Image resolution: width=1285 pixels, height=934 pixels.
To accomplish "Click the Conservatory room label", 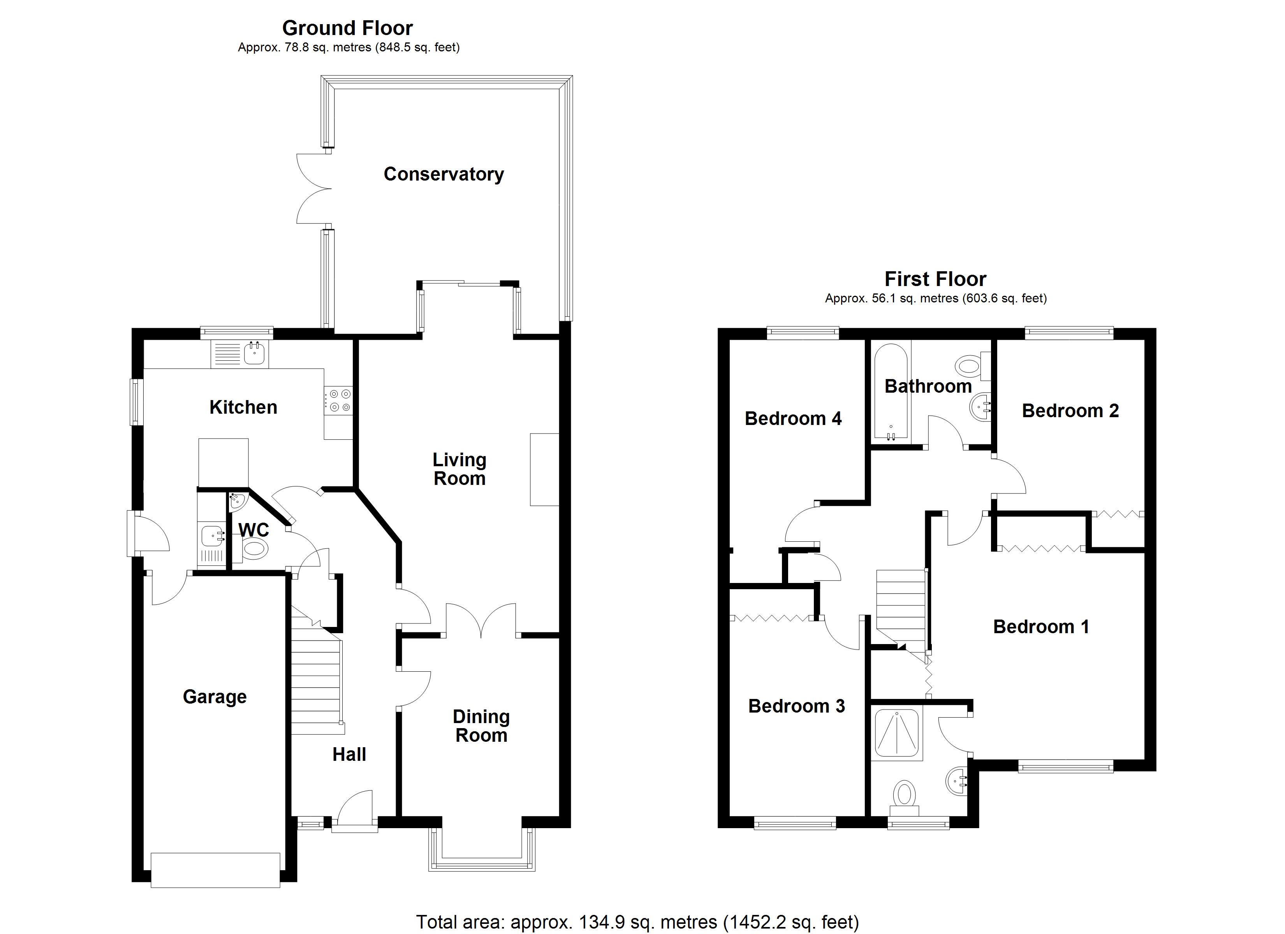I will [443, 174].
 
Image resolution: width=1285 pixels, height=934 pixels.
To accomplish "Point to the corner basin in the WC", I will [238, 500].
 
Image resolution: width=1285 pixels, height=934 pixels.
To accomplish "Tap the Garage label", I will [214, 696].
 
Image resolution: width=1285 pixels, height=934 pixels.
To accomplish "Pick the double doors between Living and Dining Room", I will [481, 621].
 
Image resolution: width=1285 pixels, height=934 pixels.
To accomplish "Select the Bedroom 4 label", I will [793, 419].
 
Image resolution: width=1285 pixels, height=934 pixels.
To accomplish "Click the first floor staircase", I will [901, 606].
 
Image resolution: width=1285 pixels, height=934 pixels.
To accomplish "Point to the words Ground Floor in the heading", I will [347, 28].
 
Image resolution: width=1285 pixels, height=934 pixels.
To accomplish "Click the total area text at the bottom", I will [637, 922].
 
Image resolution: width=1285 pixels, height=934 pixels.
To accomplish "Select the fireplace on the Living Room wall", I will [544, 469].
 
